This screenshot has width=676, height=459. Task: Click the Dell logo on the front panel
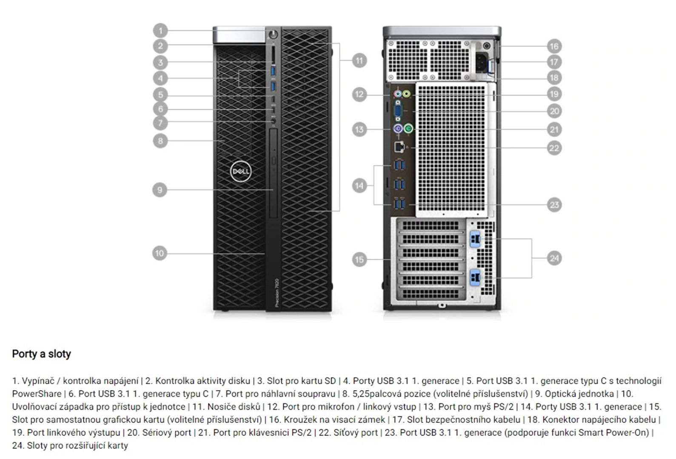240,171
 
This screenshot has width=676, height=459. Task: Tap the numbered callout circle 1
160,31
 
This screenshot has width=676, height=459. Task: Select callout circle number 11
359,60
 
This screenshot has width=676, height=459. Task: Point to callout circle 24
554,258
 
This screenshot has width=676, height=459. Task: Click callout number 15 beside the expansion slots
359,259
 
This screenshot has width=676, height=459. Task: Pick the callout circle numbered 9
160,190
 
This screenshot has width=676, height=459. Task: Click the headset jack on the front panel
274,123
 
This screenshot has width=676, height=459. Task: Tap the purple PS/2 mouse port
398,128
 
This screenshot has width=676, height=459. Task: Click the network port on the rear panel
399,147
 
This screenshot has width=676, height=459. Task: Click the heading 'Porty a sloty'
41,354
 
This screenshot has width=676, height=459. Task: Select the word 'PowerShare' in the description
37,394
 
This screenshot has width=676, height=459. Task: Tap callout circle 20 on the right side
554,111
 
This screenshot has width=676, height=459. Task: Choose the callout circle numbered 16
554,46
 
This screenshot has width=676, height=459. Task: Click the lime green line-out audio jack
406,93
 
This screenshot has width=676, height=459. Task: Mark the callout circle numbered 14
359,185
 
